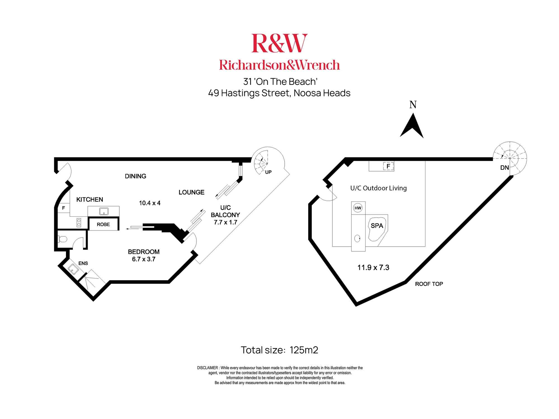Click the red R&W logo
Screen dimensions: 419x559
tap(279, 43)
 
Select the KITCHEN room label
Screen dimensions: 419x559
tap(90, 199)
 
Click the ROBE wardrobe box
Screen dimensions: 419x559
tap(103, 224)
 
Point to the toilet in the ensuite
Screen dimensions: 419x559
tap(63, 239)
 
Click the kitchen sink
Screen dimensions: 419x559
tap(104, 211)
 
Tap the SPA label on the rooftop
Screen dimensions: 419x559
tap(377, 226)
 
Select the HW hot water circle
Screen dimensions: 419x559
tap(358, 208)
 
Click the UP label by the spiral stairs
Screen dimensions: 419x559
tap(268, 172)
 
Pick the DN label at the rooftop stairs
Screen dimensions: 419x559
tap(504, 168)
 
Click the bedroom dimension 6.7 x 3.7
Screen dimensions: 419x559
tap(144, 259)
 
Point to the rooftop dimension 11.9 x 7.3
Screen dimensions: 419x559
tap(373, 268)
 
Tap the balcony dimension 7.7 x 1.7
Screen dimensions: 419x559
tap(225, 222)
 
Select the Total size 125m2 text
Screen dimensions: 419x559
tap(279, 350)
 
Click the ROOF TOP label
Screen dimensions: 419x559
tap(429, 284)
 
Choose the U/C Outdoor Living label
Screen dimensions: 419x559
tap(378, 188)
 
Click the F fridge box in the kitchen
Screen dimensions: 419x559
tap(63, 208)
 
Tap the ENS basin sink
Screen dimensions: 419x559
tap(73, 269)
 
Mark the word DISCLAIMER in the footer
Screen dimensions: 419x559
tap(207, 368)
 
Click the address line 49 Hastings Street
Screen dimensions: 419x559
tap(279, 93)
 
